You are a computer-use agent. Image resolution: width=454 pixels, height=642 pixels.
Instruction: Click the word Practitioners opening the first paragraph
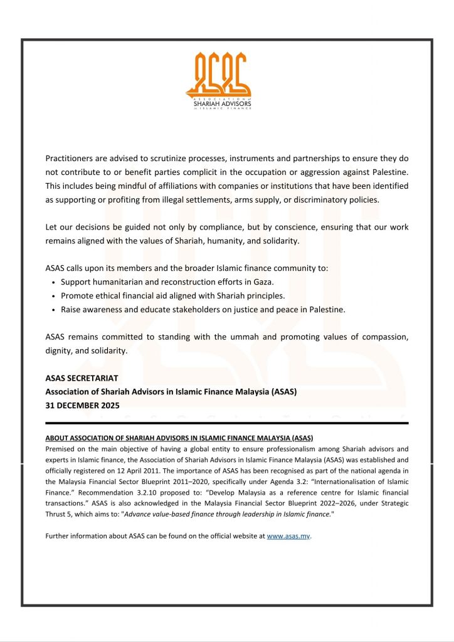click(x=70, y=159)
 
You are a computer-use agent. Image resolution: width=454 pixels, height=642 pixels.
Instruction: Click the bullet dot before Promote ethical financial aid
click(x=55, y=296)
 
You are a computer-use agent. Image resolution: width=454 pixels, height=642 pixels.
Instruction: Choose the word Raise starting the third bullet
click(x=71, y=310)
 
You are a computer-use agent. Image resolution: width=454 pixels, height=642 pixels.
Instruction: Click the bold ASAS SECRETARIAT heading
click(x=82, y=379)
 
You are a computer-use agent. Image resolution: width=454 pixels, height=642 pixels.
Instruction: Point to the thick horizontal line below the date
click(x=227, y=423)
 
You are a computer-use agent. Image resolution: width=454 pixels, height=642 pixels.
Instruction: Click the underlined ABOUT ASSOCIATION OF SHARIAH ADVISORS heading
click(x=179, y=437)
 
